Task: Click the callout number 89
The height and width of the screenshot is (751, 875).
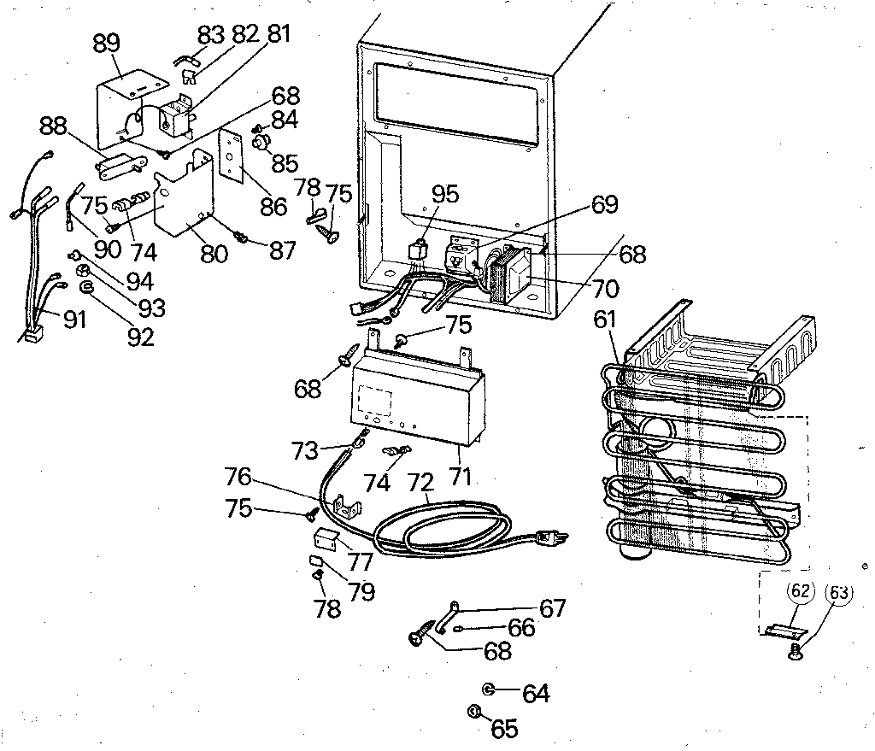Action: pos(107,44)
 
